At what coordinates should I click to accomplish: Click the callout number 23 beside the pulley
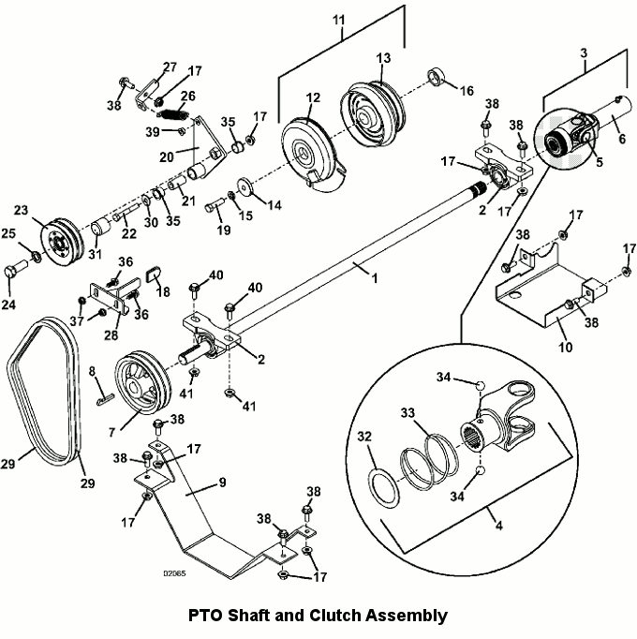[21, 210]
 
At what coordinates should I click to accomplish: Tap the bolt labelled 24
[15, 270]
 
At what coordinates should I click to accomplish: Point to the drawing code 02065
[174, 573]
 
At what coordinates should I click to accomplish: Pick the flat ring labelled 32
[384, 487]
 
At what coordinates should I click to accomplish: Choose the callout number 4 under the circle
[499, 525]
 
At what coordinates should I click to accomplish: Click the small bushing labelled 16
[437, 78]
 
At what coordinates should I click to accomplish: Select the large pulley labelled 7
[142, 381]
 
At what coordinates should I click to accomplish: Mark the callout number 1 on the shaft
[375, 278]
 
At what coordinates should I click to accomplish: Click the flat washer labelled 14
[244, 186]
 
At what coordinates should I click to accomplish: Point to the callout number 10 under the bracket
[565, 348]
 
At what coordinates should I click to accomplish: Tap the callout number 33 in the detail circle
[407, 413]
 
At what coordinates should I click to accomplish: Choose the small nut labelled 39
[182, 131]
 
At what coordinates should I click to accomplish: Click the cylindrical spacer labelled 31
[100, 227]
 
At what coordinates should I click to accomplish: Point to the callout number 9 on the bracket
[222, 483]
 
